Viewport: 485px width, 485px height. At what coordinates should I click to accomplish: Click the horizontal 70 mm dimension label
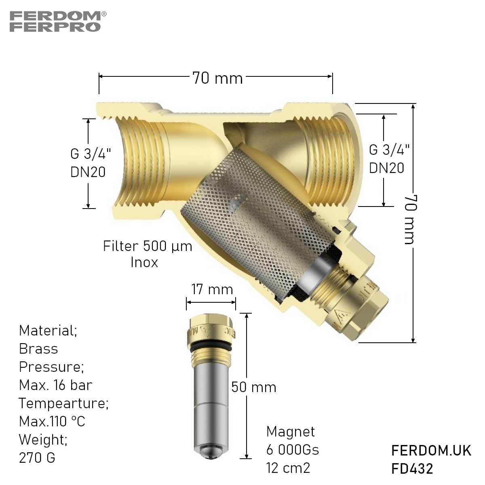click(217, 78)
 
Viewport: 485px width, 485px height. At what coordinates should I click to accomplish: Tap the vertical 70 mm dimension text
click(409, 219)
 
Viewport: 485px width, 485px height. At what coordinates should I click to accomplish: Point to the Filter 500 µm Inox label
click(147, 254)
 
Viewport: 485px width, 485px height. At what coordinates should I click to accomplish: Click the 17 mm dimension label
click(212, 289)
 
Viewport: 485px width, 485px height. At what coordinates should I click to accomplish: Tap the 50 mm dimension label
click(254, 387)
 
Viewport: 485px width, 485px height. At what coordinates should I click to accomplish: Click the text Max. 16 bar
click(55, 385)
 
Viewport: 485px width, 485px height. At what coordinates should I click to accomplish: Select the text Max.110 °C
click(52, 422)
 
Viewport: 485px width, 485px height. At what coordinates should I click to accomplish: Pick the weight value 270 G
click(37, 458)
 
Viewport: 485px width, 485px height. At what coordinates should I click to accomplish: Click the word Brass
click(38, 349)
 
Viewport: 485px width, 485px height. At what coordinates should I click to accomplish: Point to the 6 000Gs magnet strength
click(293, 449)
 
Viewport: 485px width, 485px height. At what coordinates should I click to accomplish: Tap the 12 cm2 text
click(288, 468)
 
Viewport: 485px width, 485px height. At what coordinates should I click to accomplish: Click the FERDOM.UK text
click(431, 451)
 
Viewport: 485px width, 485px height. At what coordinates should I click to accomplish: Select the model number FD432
click(412, 468)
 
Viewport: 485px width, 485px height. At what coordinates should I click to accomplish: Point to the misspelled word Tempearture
click(63, 403)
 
